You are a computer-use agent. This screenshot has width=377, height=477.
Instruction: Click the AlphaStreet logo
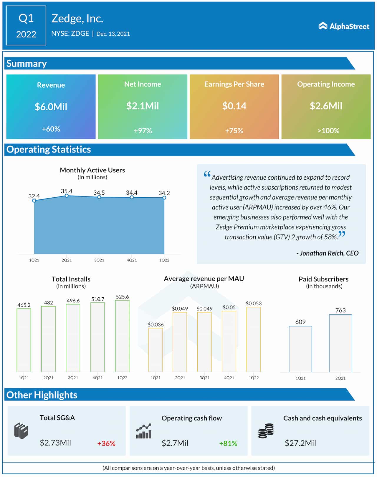344,26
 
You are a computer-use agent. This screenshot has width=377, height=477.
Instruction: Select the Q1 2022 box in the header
26,26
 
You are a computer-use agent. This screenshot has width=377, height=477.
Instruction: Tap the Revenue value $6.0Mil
51,106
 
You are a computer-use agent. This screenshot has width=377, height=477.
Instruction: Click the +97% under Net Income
143,130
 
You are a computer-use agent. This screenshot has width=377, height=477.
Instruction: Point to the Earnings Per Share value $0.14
234,106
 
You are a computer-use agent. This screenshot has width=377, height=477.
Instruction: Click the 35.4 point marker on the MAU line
67,196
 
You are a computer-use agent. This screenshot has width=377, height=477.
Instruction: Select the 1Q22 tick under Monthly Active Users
164,260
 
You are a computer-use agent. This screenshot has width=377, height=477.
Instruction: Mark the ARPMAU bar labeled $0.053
254,339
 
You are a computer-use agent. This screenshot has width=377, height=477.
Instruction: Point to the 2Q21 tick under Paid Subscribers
340,378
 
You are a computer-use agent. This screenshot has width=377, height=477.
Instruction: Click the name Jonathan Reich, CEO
327,253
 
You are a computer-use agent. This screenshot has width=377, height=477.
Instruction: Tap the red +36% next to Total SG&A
106,443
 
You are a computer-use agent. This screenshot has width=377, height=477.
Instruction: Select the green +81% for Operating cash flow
228,443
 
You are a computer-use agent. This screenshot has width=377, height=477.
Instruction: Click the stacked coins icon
266,431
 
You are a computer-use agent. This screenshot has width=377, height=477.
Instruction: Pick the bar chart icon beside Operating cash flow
144,431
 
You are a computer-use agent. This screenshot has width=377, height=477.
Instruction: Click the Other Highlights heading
42,395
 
